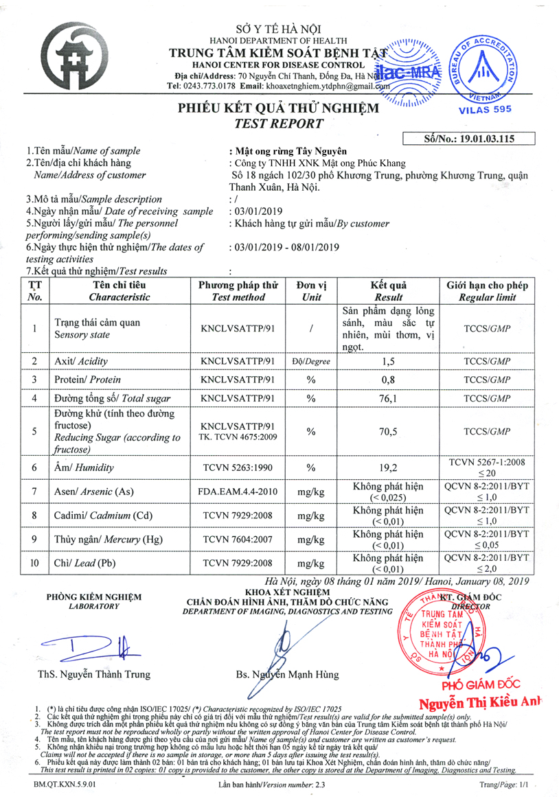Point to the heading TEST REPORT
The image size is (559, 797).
click(278, 124)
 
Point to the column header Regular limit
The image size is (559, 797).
click(488, 297)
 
